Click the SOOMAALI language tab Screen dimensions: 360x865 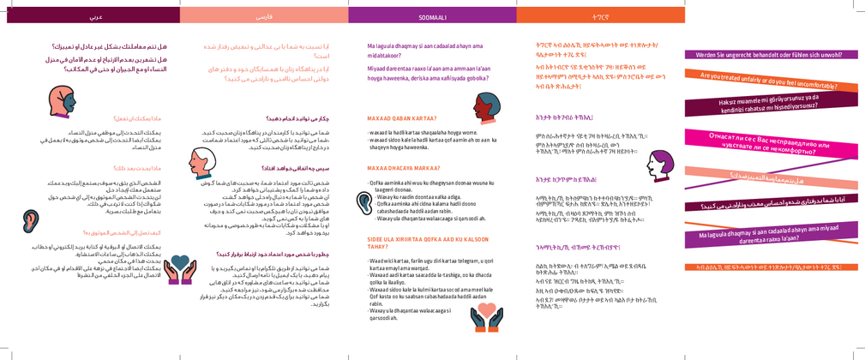[x=432, y=16]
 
